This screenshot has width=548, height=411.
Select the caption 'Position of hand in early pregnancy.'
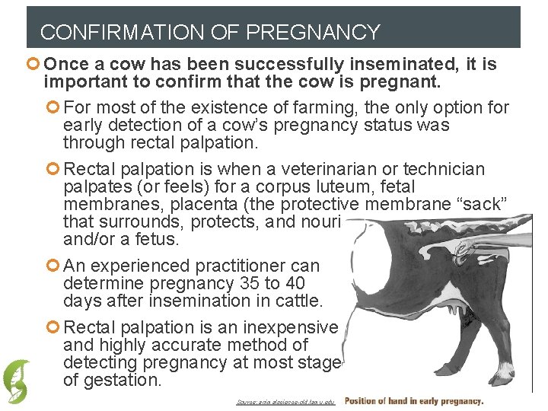pyautogui.click(x=414, y=401)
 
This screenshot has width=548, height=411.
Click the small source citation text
pyautogui.click(x=285, y=402)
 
